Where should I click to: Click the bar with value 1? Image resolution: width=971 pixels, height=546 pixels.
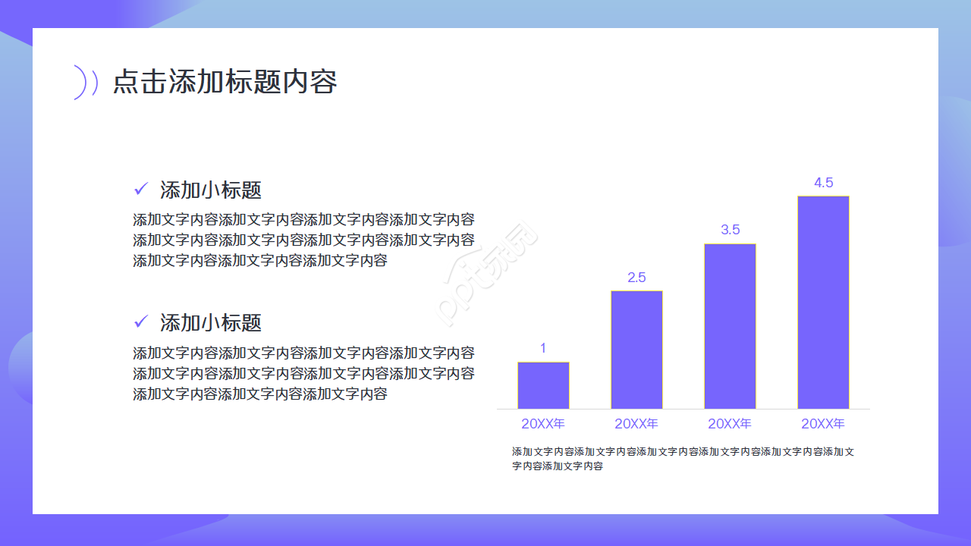[543, 385]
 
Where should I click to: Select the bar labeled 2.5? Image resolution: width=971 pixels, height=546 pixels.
[636, 350]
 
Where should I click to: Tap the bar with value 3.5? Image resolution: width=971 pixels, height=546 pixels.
[730, 326]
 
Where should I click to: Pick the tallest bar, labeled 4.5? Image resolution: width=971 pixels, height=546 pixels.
[823, 303]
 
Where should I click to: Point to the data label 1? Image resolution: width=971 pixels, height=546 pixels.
[543, 349]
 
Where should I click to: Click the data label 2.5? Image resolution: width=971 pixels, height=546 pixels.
[636, 278]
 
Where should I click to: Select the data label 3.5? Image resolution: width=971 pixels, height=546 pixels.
[730, 230]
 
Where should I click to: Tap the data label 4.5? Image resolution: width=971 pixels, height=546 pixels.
[823, 183]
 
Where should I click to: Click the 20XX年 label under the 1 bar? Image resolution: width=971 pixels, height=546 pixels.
[543, 423]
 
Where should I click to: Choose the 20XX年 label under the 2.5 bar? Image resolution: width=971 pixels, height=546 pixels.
[636, 423]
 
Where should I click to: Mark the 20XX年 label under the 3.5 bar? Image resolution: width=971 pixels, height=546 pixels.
[730, 423]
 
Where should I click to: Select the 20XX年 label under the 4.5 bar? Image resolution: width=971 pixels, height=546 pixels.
[823, 423]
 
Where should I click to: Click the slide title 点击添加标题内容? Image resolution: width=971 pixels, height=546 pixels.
[225, 82]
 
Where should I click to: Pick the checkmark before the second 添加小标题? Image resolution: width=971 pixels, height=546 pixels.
[140, 322]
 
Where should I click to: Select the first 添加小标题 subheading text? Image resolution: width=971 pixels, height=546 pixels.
[211, 190]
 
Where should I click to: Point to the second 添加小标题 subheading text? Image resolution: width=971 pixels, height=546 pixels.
[211, 323]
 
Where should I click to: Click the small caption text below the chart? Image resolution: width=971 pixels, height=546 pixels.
[683, 459]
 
